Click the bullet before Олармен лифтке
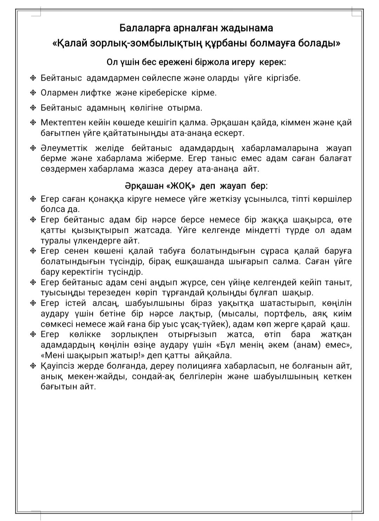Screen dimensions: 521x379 33,93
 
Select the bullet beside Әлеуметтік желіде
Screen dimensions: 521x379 33,148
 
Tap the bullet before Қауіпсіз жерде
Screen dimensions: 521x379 33,366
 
